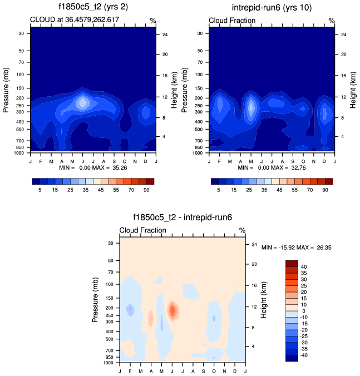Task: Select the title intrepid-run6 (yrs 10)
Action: [271, 8]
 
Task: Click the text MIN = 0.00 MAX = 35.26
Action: [93, 167]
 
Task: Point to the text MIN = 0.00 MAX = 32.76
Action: [272, 167]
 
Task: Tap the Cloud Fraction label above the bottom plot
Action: [142, 230]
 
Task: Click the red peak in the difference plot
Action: [172, 310]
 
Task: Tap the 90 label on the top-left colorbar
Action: [149, 190]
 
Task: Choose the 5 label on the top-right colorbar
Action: [219, 190]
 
